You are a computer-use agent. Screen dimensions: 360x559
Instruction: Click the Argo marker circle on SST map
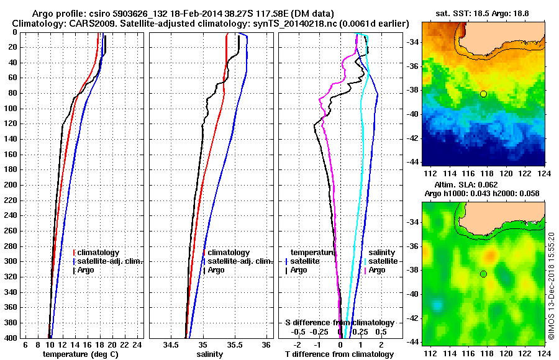483,94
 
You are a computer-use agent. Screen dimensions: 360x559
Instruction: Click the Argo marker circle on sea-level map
483,274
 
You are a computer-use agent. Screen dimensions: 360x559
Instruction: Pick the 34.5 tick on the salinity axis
171,344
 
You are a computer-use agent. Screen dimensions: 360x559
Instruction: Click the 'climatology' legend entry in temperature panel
99,253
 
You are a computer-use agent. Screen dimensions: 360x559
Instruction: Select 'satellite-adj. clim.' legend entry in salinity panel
237,261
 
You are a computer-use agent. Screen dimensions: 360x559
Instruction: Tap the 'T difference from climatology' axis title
339,354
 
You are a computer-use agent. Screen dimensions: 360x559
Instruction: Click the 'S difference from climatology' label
339,323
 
